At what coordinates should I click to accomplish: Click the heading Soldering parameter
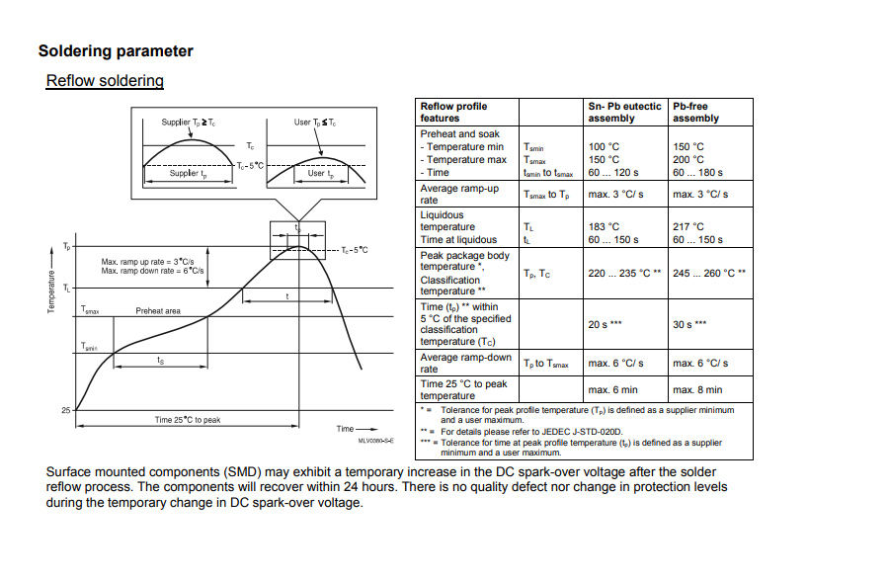click(x=116, y=51)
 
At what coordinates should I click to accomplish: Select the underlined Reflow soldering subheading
click(x=105, y=81)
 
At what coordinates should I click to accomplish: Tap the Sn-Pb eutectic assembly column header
click(x=624, y=112)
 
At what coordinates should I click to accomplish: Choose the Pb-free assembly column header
click(x=696, y=112)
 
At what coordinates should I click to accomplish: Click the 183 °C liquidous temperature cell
click(x=604, y=226)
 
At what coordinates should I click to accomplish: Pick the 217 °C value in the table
click(x=688, y=226)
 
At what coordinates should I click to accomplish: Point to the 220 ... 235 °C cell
click(x=624, y=273)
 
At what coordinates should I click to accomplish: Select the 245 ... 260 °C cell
click(x=708, y=273)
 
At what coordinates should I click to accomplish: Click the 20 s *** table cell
click(x=605, y=324)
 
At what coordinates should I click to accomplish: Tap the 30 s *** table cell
click(x=689, y=324)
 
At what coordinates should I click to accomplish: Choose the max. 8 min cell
click(x=697, y=389)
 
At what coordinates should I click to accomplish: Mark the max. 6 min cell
click(x=612, y=389)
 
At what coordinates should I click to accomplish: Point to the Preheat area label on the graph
click(x=158, y=311)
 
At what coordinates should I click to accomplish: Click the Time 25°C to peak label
click(x=188, y=420)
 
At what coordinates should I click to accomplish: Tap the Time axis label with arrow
click(x=349, y=428)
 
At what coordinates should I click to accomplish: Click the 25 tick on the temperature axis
click(x=66, y=409)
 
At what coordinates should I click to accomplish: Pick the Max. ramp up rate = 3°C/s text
click(x=153, y=262)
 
